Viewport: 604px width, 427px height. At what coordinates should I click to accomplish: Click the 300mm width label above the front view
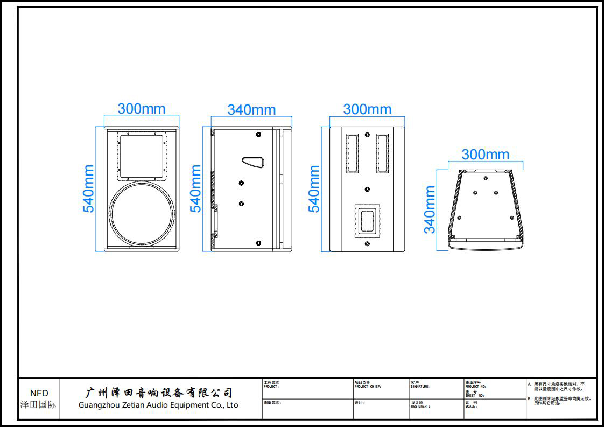point(142,108)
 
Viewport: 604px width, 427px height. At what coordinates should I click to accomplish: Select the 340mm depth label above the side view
point(251,110)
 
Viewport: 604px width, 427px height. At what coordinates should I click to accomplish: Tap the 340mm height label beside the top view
point(430,209)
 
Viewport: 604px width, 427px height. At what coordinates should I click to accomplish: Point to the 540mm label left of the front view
point(88,188)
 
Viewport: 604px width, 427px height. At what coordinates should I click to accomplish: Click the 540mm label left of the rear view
point(314,188)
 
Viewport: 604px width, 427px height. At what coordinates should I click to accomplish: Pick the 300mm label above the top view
point(485,155)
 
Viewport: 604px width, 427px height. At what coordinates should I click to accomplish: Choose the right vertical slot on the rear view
point(382,153)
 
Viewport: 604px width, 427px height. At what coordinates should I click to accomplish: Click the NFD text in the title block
point(39,393)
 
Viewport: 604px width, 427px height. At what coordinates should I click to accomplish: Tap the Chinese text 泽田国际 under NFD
point(38,404)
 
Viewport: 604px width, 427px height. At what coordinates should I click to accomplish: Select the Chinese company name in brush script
point(159,393)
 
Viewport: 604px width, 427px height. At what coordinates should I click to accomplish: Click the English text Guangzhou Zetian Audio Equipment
point(158,405)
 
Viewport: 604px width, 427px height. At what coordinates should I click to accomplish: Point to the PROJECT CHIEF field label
point(367,386)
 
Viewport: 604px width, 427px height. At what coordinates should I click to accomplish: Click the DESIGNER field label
point(420,406)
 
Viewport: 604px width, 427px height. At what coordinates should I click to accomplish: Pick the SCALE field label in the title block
point(471,405)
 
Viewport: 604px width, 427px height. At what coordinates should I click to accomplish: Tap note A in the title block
point(560,386)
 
